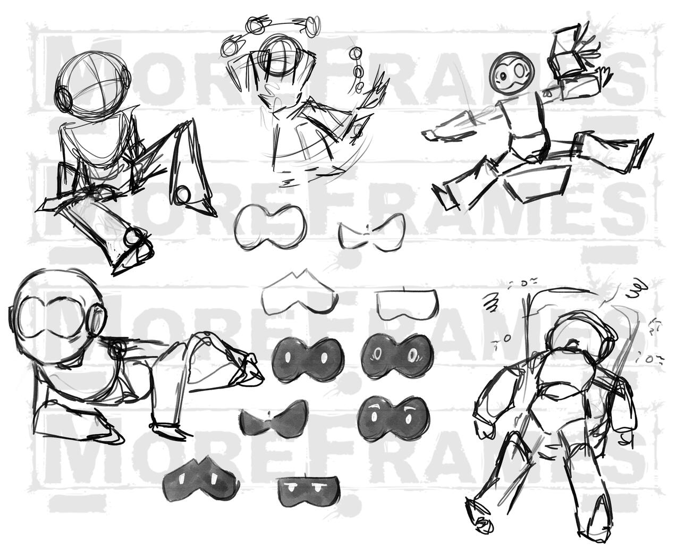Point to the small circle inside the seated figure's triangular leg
click(183, 194)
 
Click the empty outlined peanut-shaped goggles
click(269, 227)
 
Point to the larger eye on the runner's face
click(521, 70)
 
